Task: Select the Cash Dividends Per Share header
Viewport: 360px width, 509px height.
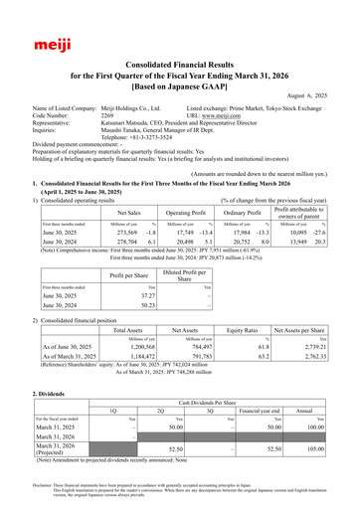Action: click(215, 396)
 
